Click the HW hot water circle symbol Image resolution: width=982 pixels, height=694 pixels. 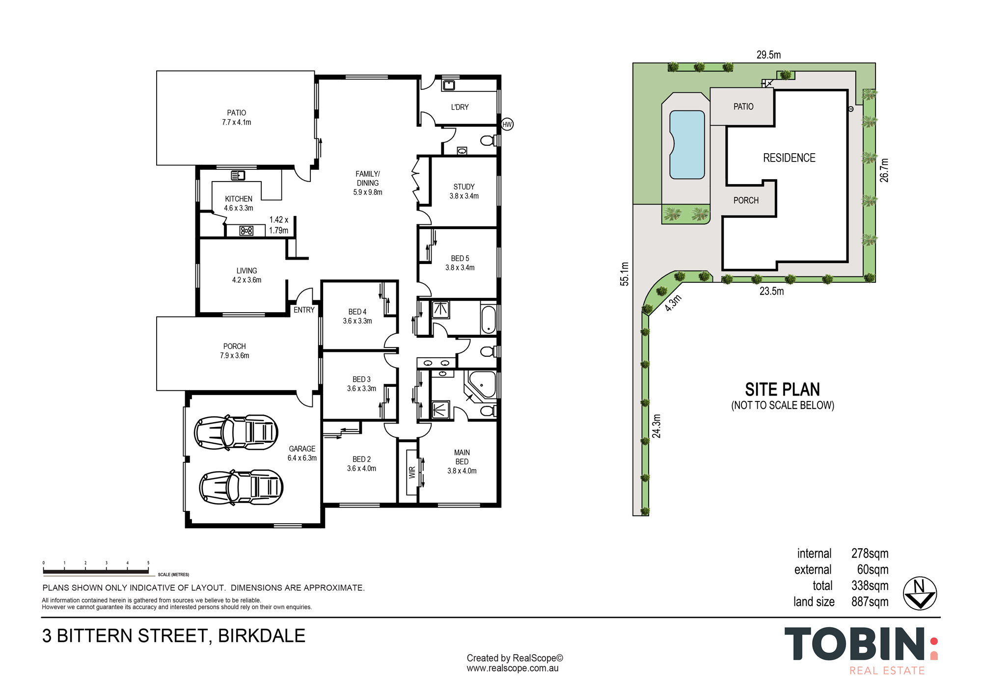click(507, 124)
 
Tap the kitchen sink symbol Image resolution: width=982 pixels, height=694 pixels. click(238, 175)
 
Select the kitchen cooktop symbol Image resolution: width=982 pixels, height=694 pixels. click(246, 230)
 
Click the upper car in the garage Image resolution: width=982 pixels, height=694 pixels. click(236, 432)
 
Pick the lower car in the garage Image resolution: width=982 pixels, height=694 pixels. click(241, 487)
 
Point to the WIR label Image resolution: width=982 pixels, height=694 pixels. click(412, 472)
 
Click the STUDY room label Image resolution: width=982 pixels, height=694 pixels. click(464, 187)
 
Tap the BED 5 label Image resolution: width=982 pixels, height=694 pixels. click(460, 259)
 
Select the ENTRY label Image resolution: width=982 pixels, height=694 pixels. click(304, 310)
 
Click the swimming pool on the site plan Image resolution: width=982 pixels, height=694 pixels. click(687, 145)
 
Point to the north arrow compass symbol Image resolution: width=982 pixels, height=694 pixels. click(920, 593)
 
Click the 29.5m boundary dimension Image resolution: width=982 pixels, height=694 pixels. click(768, 55)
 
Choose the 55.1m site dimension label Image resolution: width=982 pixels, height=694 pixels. click(624, 274)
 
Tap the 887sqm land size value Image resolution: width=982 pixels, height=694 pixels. click(870, 602)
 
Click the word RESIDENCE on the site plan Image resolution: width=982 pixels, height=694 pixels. click(789, 158)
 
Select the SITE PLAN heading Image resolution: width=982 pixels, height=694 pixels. click(783, 390)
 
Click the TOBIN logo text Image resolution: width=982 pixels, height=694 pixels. click(855, 644)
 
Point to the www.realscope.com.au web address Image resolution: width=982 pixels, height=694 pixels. click(513, 668)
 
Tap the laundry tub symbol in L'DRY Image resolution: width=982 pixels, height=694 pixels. click(449, 85)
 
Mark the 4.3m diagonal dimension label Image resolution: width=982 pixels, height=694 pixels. click(673, 303)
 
